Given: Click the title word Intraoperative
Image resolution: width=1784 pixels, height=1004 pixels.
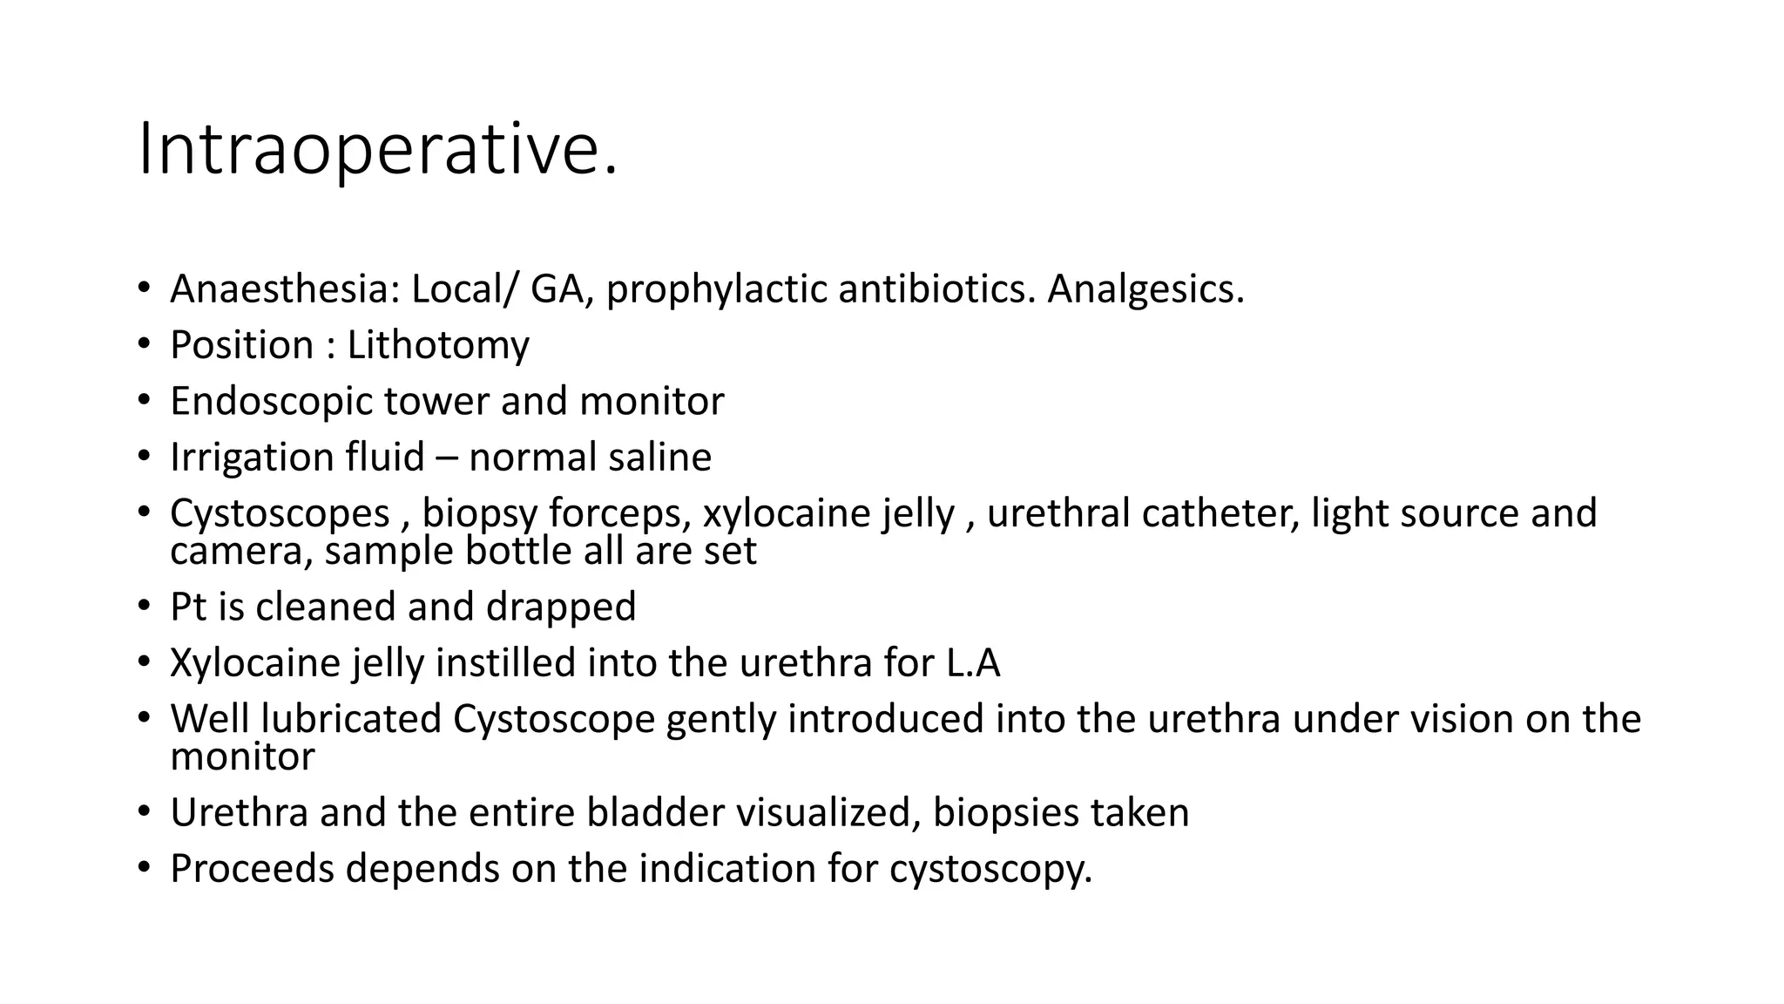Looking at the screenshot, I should [x=378, y=151].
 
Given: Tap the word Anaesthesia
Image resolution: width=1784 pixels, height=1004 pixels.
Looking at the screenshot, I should [x=284, y=289].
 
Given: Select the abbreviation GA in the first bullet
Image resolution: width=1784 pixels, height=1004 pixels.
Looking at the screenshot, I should [x=557, y=289].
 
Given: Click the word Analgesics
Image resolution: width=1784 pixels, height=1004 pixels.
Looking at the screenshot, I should [x=1145, y=289].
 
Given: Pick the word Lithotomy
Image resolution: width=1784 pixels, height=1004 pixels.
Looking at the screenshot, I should [x=438, y=345].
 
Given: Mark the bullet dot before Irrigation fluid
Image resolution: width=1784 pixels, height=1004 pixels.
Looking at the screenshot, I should [x=143, y=456].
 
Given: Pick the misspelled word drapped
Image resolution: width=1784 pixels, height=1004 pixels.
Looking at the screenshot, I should [x=561, y=607].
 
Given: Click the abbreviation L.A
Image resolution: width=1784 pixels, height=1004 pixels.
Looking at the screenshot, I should [x=973, y=663].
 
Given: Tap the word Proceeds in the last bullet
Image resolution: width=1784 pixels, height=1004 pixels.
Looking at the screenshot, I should [x=252, y=869].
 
